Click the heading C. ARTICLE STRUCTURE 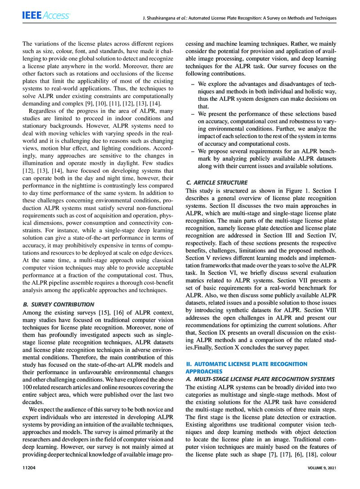(223, 182)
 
